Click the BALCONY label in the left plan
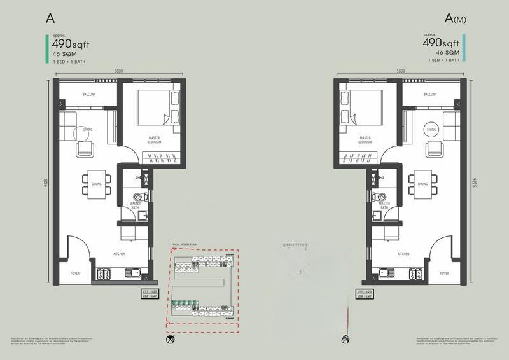88,95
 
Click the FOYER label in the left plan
74,273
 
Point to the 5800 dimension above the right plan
401,70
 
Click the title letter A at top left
50,18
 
